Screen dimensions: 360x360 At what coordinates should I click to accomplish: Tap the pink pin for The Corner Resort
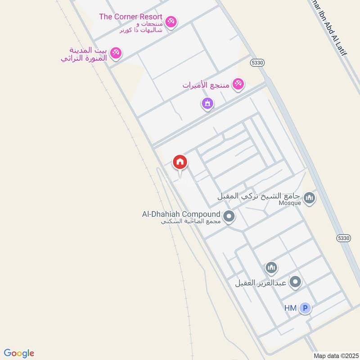click(171, 21)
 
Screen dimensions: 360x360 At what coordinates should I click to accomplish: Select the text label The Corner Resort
click(130, 17)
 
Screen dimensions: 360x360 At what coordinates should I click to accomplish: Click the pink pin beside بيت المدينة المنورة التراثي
click(116, 53)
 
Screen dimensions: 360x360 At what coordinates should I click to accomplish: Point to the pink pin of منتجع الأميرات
click(238, 83)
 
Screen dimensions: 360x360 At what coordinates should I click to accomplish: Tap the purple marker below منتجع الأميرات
click(207, 104)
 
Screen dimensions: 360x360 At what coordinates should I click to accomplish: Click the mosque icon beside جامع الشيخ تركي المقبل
click(309, 197)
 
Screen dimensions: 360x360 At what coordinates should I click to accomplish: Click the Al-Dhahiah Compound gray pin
click(229, 217)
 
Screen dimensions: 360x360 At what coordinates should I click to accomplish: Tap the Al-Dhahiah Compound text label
click(181, 214)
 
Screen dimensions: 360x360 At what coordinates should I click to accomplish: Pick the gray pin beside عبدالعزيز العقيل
click(295, 282)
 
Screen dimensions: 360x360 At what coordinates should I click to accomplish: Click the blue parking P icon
click(305, 308)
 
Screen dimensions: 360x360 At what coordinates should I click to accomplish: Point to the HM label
click(290, 308)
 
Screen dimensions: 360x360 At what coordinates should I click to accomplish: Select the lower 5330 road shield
click(343, 237)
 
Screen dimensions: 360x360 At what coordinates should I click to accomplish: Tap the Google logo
click(19, 353)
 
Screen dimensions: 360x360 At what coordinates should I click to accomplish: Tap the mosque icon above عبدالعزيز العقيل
click(270, 269)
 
